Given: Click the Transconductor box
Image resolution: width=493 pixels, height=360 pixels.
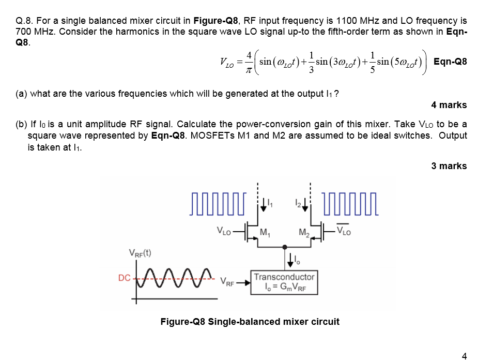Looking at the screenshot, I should pos(284,281).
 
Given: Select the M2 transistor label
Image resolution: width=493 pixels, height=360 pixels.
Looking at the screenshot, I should pos(304,231).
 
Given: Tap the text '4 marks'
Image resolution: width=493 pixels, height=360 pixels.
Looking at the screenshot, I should pos(449,105).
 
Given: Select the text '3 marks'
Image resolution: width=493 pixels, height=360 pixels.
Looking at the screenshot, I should pos(449,166).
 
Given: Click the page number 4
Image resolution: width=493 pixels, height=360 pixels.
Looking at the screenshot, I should pos(464,355).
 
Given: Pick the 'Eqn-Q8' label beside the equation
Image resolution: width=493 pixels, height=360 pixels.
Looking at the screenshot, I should pos(450,62).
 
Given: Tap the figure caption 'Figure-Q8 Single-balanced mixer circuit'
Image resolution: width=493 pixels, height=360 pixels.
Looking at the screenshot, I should pos(250,322).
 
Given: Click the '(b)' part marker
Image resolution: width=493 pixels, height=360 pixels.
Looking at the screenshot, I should pos(21,125).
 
